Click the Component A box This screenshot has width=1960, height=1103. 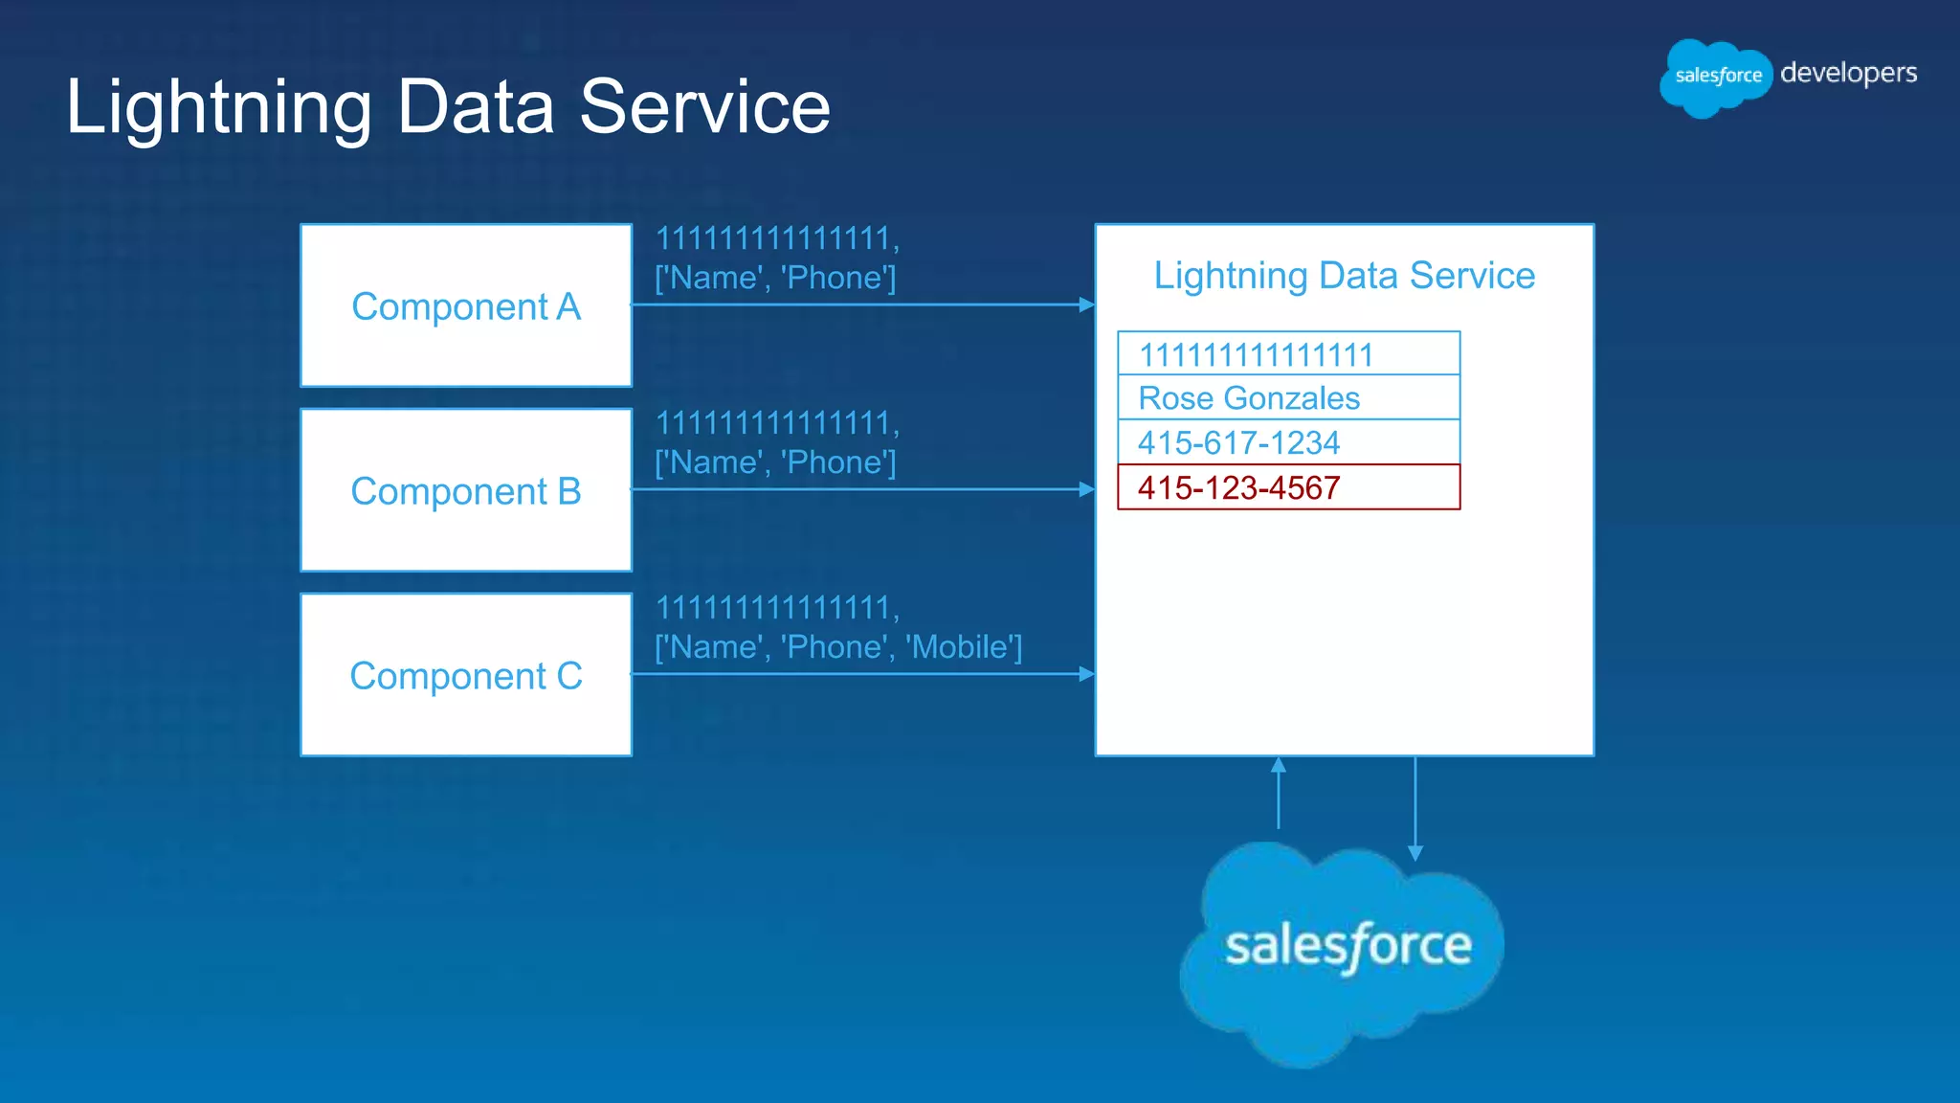coord(466,305)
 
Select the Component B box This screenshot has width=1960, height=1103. coord(466,490)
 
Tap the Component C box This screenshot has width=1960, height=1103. coord(466,675)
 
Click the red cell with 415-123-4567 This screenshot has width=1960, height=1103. coord(1288,487)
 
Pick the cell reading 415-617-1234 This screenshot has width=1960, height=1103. coord(1288,442)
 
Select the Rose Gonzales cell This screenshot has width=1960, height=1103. coord(1288,397)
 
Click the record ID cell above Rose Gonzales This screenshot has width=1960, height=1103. coord(1288,354)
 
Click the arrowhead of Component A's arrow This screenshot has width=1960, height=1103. coord(1086,304)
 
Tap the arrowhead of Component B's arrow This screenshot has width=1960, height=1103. coord(1086,489)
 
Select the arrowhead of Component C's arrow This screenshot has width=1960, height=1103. coord(1086,674)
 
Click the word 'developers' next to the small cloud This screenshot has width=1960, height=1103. coord(1848,74)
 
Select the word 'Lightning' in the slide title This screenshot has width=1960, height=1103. coord(218,107)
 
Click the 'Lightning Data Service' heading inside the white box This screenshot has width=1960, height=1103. coord(1344,276)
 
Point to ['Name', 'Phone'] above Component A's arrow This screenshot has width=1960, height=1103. coord(775,278)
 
